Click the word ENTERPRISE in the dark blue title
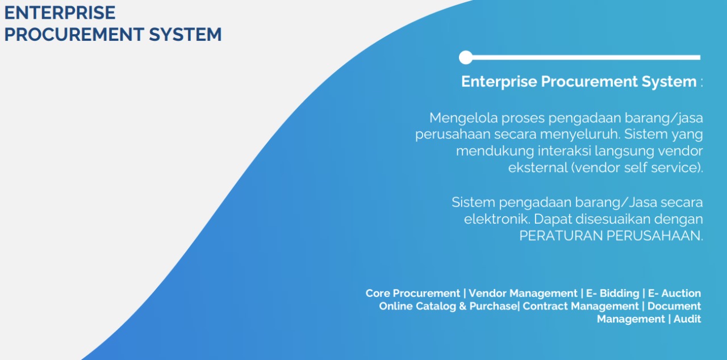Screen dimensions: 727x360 (60, 12)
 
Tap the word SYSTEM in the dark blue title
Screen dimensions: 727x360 (185, 35)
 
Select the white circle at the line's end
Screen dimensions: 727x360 (466, 57)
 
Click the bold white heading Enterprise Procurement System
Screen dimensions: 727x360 (579, 81)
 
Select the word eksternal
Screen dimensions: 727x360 (538, 168)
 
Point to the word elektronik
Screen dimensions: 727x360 (497, 219)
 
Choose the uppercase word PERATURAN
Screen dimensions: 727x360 (561, 236)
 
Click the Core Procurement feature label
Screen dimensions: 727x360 (413, 293)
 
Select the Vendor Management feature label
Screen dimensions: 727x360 (523, 293)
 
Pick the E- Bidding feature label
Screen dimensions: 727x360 (613, 293)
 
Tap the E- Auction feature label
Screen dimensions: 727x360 (674, 293)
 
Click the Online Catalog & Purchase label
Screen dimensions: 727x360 (449, 306)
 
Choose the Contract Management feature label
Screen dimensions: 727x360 (580, 306)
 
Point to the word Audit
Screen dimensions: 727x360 (687, 319)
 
